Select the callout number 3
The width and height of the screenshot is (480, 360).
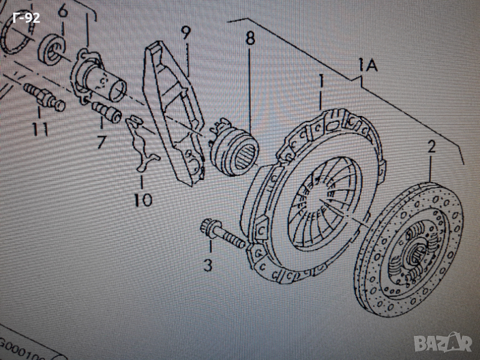pos(208,264)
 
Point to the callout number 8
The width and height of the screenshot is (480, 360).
pos(250,39)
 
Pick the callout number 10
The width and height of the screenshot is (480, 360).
pos(143,199)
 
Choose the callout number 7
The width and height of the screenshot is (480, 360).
pos(100,142)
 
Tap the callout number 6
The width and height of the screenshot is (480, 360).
pos(62,10)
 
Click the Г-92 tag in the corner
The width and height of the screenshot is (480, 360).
pos(25,18)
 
